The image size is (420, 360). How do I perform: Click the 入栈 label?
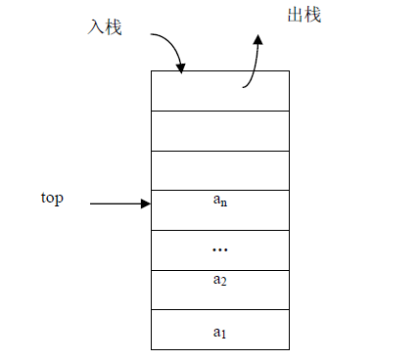(104, 27)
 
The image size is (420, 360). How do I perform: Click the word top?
(52, 198)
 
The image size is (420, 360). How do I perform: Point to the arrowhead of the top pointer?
(146, 203)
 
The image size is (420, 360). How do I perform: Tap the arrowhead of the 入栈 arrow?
(180, 68)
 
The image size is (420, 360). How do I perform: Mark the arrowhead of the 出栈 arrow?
(258, 40)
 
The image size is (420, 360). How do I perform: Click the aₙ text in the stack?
(219, 202)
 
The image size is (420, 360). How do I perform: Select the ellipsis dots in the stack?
(219, 250)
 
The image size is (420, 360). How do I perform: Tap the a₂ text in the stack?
(219, 281)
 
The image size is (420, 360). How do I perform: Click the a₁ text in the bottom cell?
(219, 332)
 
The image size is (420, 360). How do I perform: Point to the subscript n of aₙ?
(224, 204)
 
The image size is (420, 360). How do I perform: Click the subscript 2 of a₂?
(223, 283)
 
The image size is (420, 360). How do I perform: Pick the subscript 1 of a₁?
(224, 335)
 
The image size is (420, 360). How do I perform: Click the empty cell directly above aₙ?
(219, 170)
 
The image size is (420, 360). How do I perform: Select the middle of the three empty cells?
(219, 130)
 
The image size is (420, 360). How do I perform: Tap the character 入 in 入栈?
(95, 27)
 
